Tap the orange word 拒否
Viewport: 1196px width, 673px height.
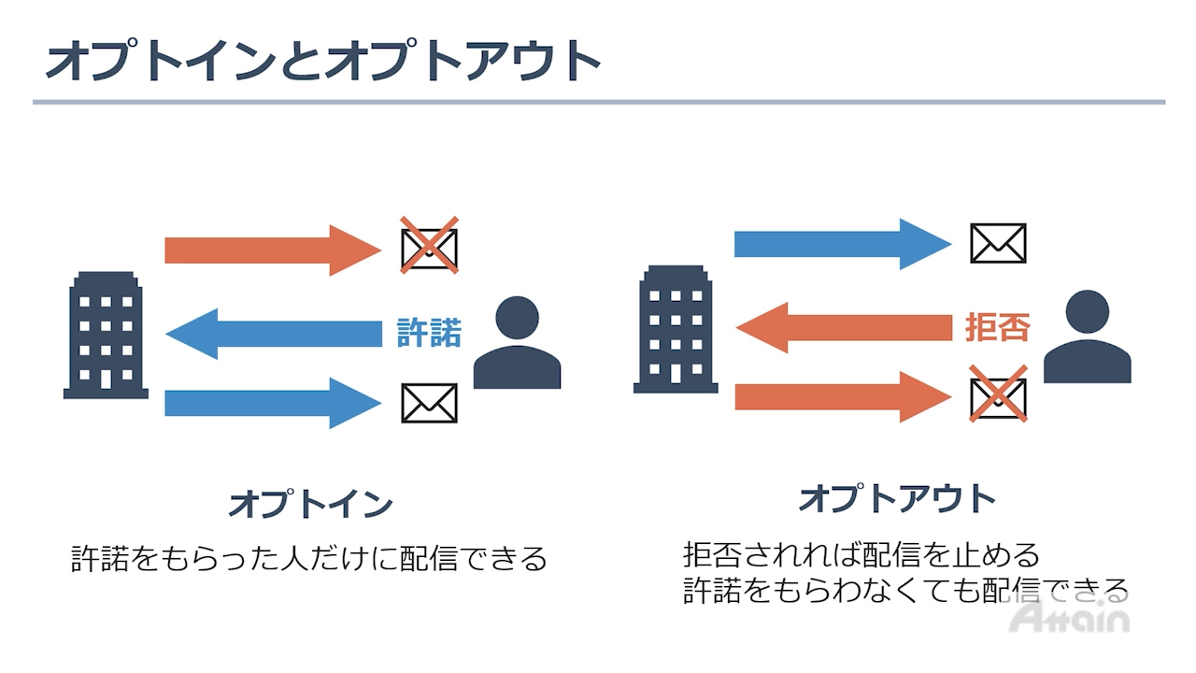[x=997, y=328]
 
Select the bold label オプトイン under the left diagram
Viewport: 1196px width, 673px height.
[x=310, y=505]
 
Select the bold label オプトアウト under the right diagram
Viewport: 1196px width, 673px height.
[x=897, y=498]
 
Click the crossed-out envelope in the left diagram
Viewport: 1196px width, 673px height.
[x=430, y=246]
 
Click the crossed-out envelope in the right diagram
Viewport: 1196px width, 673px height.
[x=998, y=394]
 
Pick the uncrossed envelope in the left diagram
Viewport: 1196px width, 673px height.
[x=430, y=403]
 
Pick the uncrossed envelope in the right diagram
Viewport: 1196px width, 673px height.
[x=998, y=243]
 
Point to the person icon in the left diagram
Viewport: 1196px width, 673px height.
[x=517, y=343]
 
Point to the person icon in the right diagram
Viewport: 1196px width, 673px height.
[x=1087, y=337]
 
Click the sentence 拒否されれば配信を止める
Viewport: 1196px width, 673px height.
[x=861, y=555]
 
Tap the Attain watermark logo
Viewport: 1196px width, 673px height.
[x=1071, y=617]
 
